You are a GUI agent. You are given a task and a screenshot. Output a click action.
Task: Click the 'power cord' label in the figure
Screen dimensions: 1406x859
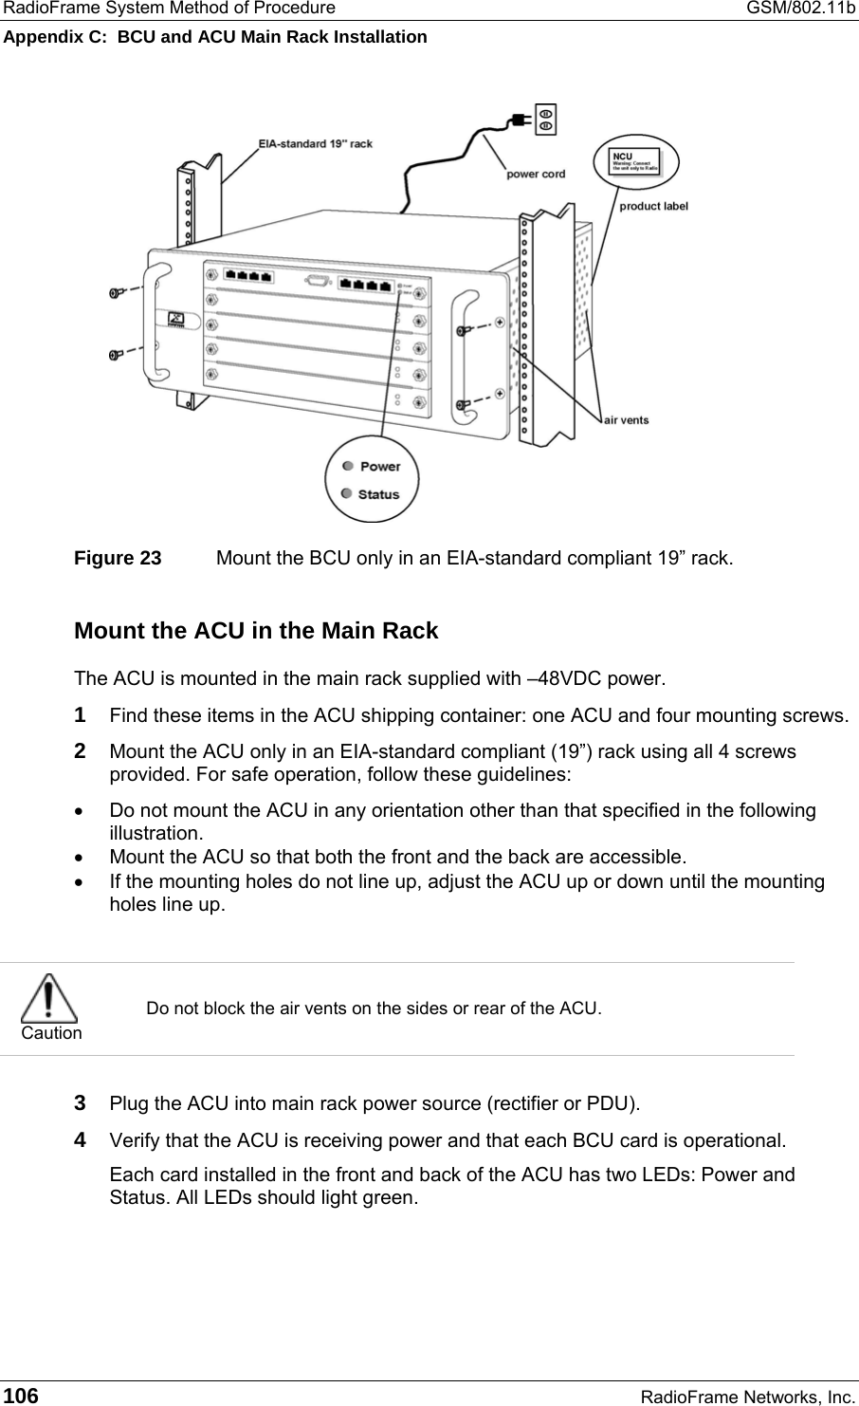[x=536, y=174]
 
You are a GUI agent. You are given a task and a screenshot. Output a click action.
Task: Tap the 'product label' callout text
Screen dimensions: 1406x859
[x=653, y=205]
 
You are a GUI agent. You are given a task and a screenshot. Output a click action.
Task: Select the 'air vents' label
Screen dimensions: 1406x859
[x=627, y=419]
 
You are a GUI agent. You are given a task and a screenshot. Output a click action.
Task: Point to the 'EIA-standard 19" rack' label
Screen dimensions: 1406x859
[x=316, y=144]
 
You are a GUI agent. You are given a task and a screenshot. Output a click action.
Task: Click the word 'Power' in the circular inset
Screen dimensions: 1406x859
[x=380, y=466]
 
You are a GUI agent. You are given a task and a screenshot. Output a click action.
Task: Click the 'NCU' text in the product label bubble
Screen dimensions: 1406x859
[x=622, y=156]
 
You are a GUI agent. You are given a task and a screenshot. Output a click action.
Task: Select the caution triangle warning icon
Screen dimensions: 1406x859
[x=51, y=997]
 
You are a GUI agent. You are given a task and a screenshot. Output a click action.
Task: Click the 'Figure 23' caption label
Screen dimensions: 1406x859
[x=118, y=558]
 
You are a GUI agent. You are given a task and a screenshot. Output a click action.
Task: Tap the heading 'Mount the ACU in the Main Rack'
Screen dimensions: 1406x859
[x=256, y=631]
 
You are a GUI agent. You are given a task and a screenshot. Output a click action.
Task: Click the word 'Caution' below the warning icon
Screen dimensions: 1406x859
[x=51, y=1033]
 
